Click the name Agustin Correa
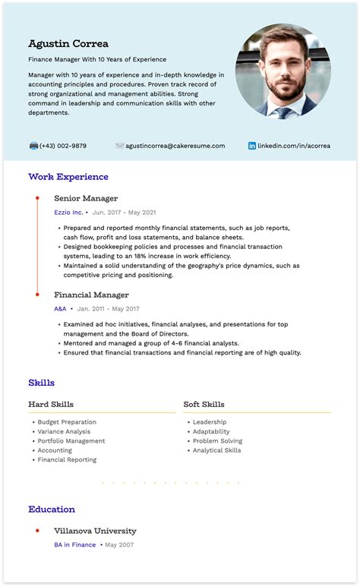[68, 43]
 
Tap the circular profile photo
[283, 71]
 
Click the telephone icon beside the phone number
[33, 146]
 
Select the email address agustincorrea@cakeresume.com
[175, 146]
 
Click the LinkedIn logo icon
[252, 146]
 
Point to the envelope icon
[120, 146]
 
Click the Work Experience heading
[68, 177]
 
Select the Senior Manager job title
[86, 198]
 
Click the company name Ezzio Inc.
[68, 213]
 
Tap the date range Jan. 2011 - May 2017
[109, 309]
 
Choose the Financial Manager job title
[91, 295]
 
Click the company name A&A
[60, 309]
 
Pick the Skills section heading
[41, 383]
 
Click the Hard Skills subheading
[51, 404]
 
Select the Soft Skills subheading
[204, 404]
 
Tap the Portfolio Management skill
[71, 441]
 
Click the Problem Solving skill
[217, 441]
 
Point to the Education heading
[52, 510]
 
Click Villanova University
[95, 531]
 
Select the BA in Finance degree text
[74, 545]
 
